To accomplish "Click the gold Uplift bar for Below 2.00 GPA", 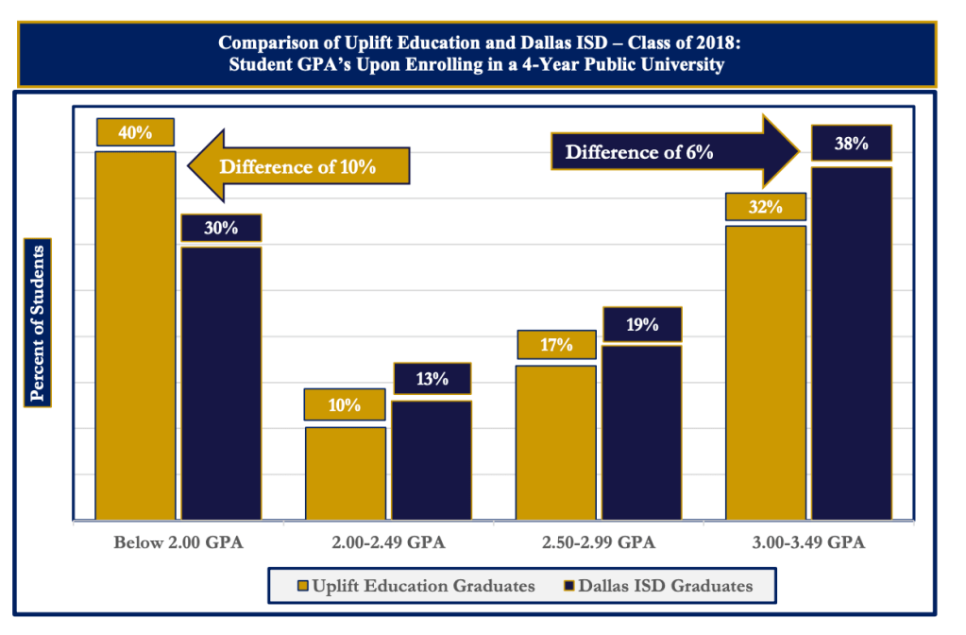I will pos(135,335).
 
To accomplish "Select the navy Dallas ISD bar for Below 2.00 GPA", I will pos(221,383).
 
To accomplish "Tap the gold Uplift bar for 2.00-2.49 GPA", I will pos(345,472).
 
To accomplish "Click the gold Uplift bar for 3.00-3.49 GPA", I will pos(765,372).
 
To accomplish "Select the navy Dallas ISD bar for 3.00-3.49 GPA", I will pos(852,343).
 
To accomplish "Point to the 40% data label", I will pos(135,132).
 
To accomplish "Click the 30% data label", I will pos(221,228).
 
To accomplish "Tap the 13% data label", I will pos(432,379).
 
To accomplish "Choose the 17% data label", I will pos(556,345).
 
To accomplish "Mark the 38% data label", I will pos(851,144).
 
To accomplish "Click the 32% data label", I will pos(765,207).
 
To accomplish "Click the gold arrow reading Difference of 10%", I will pos(297,167).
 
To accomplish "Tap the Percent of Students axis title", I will pos(39,323).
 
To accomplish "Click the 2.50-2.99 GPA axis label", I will pos(598,543).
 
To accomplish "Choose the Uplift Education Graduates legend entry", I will pos(415,586).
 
